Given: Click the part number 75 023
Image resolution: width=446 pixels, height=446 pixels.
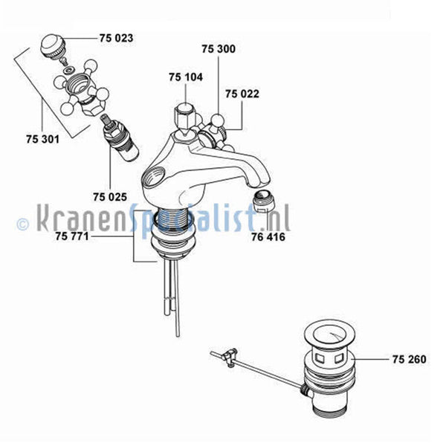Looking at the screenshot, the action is [x=116, y=38].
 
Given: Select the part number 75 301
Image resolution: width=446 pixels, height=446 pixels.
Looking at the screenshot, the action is [x=43, y=139].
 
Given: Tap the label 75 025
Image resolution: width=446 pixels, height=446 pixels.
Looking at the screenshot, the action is [x=110, y=197].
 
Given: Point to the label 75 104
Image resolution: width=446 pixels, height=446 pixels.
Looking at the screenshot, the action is [x=186, y=77].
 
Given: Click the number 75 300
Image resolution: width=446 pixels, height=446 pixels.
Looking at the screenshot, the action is [x=219, y=49].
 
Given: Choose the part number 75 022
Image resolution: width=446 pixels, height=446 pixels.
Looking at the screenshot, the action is [x=242, y=94].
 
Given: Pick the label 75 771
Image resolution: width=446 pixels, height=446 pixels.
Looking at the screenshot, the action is [x=72, y=236].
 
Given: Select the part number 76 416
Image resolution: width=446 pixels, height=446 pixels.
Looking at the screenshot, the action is [x=268, y=237].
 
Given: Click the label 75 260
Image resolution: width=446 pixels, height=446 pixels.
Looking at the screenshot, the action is [x=410, y=359].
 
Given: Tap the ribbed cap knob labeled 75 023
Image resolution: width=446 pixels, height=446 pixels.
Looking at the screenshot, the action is [x=54, y=46].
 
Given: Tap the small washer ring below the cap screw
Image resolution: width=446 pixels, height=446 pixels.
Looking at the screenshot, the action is [x=69, y=70].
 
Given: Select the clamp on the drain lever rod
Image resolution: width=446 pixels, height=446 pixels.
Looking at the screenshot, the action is [x=230, y=356].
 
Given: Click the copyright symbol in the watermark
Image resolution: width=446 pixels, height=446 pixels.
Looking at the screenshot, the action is [x=23, y=224].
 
